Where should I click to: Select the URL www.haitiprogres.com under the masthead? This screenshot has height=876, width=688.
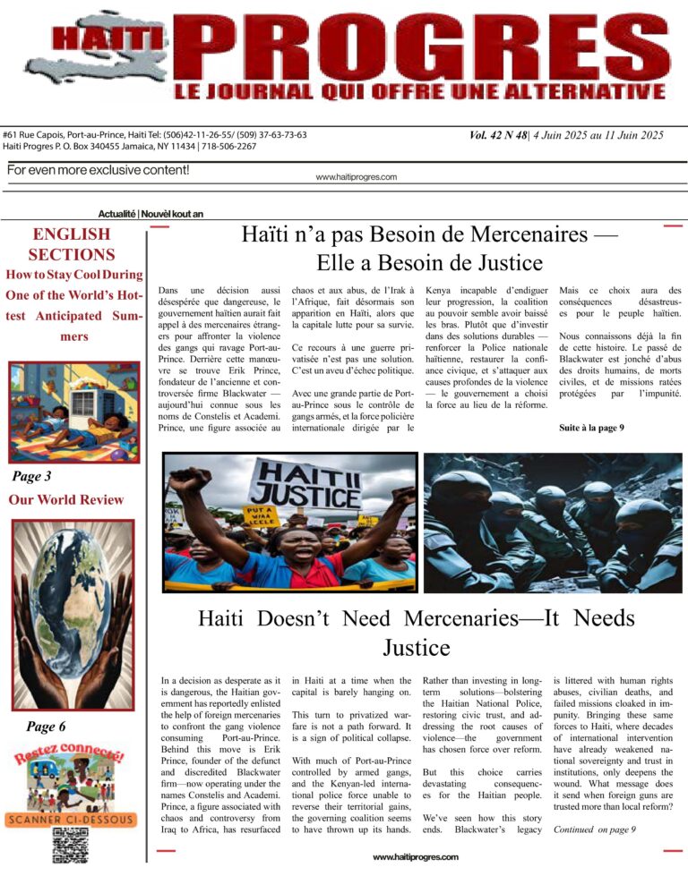coord(356,177)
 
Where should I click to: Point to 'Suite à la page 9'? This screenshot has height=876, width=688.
coord(591,428)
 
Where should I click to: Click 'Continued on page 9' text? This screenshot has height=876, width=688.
coord(595,829)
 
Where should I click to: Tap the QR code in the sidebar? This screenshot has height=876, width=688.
coord(71,844)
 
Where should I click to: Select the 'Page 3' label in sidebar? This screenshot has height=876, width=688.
coord(31,475)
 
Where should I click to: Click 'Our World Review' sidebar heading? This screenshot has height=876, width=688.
coord(66,499)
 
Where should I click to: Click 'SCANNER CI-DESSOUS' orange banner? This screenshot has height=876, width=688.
coord(72,818)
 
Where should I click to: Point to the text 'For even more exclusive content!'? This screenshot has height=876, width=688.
coord(98,170)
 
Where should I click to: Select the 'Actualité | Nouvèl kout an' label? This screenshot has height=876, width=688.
coord(151,214)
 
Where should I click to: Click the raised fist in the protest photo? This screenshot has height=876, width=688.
coord(189,481)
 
